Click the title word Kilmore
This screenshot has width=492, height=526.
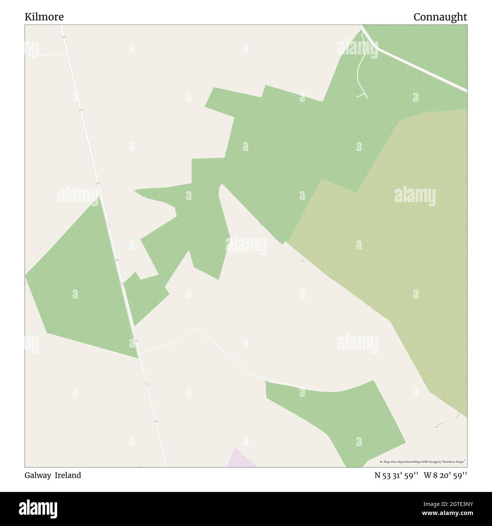(44, 17)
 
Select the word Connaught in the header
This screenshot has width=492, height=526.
(440, 17)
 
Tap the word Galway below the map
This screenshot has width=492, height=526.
(38, 475)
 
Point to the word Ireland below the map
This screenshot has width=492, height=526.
(68, 475)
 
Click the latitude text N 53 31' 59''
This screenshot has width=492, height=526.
(396, 475)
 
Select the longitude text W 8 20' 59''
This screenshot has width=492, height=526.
(445, 475)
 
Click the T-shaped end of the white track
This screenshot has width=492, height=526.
(363, 95)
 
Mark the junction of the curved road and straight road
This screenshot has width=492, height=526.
(139, 353)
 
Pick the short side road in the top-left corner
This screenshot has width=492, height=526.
(45, 55)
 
